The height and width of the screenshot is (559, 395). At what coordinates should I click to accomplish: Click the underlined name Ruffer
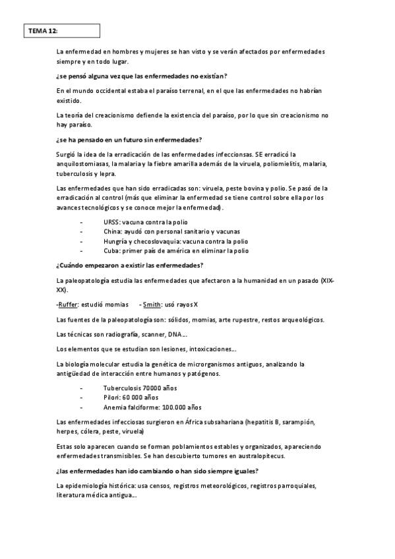69,305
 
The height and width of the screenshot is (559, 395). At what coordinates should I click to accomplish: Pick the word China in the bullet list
113,231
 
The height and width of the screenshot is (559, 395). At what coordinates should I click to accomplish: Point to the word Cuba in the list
112,250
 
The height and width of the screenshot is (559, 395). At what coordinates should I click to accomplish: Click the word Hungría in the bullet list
116,241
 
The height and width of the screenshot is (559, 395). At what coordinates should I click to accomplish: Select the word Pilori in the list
113,397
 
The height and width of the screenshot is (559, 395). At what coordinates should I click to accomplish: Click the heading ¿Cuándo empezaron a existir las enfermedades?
129,265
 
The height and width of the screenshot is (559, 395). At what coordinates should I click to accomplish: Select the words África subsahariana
216,421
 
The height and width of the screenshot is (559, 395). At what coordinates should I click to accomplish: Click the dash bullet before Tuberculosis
81,388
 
